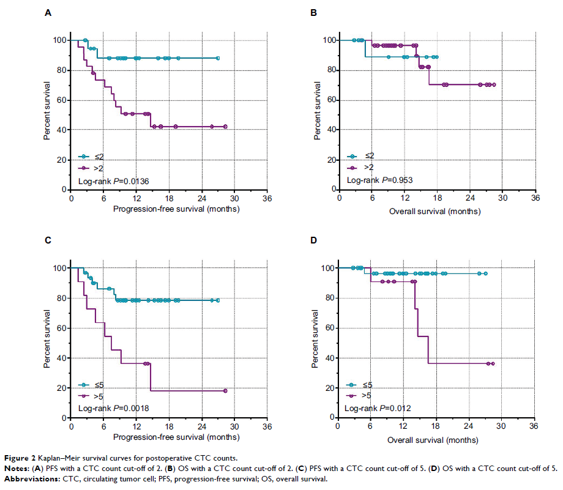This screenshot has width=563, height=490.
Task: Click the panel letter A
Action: (49, 12)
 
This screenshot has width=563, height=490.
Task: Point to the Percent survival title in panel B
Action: (316, 115)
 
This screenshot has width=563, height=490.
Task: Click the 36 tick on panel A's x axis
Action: (267, 199)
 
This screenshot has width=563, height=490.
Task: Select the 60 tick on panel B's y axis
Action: (330, 100)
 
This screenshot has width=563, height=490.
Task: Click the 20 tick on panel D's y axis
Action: (330, 388)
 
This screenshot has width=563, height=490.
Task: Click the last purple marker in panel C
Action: (225, 391)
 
